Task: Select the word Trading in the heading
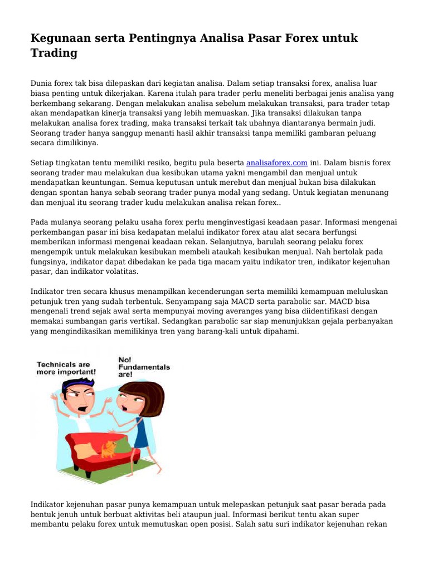(53, 53)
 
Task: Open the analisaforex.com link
(276, 163)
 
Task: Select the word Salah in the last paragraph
(249, 524)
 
